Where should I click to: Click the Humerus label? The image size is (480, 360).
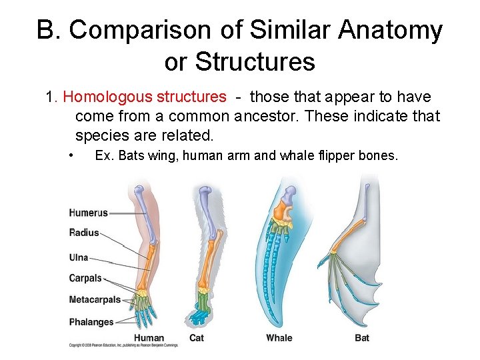(x=88, y=213)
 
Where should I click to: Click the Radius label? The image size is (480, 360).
(x=83, y=233)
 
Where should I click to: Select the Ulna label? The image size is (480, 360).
(x=78, y=257)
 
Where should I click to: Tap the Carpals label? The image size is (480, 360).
(x=85, y=278)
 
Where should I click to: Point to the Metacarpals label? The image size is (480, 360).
(x=95, y=299)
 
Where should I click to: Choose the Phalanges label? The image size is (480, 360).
(x=91, y=322)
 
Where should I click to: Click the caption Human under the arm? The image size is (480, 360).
(x=149, y=338)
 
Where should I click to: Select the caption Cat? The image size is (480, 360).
(x=196, y=338)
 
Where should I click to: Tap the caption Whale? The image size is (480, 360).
(x=279, y=338)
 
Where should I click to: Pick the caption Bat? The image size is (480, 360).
(x=362, y=338)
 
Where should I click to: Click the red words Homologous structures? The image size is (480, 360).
(x=145, y=97)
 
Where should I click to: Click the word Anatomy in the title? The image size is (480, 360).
(x=390, y=30)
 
